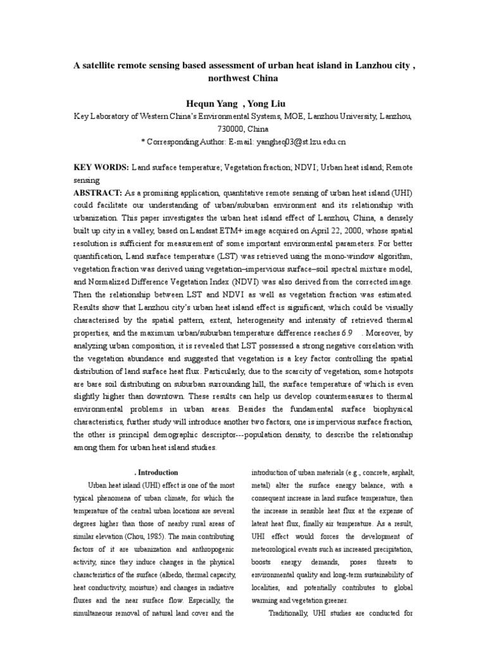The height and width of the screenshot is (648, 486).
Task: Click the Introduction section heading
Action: (x=158, y=472)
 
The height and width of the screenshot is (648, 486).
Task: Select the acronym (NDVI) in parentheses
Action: (x=251, y=281)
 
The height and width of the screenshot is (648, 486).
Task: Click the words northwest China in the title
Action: (x=243, y=78)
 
